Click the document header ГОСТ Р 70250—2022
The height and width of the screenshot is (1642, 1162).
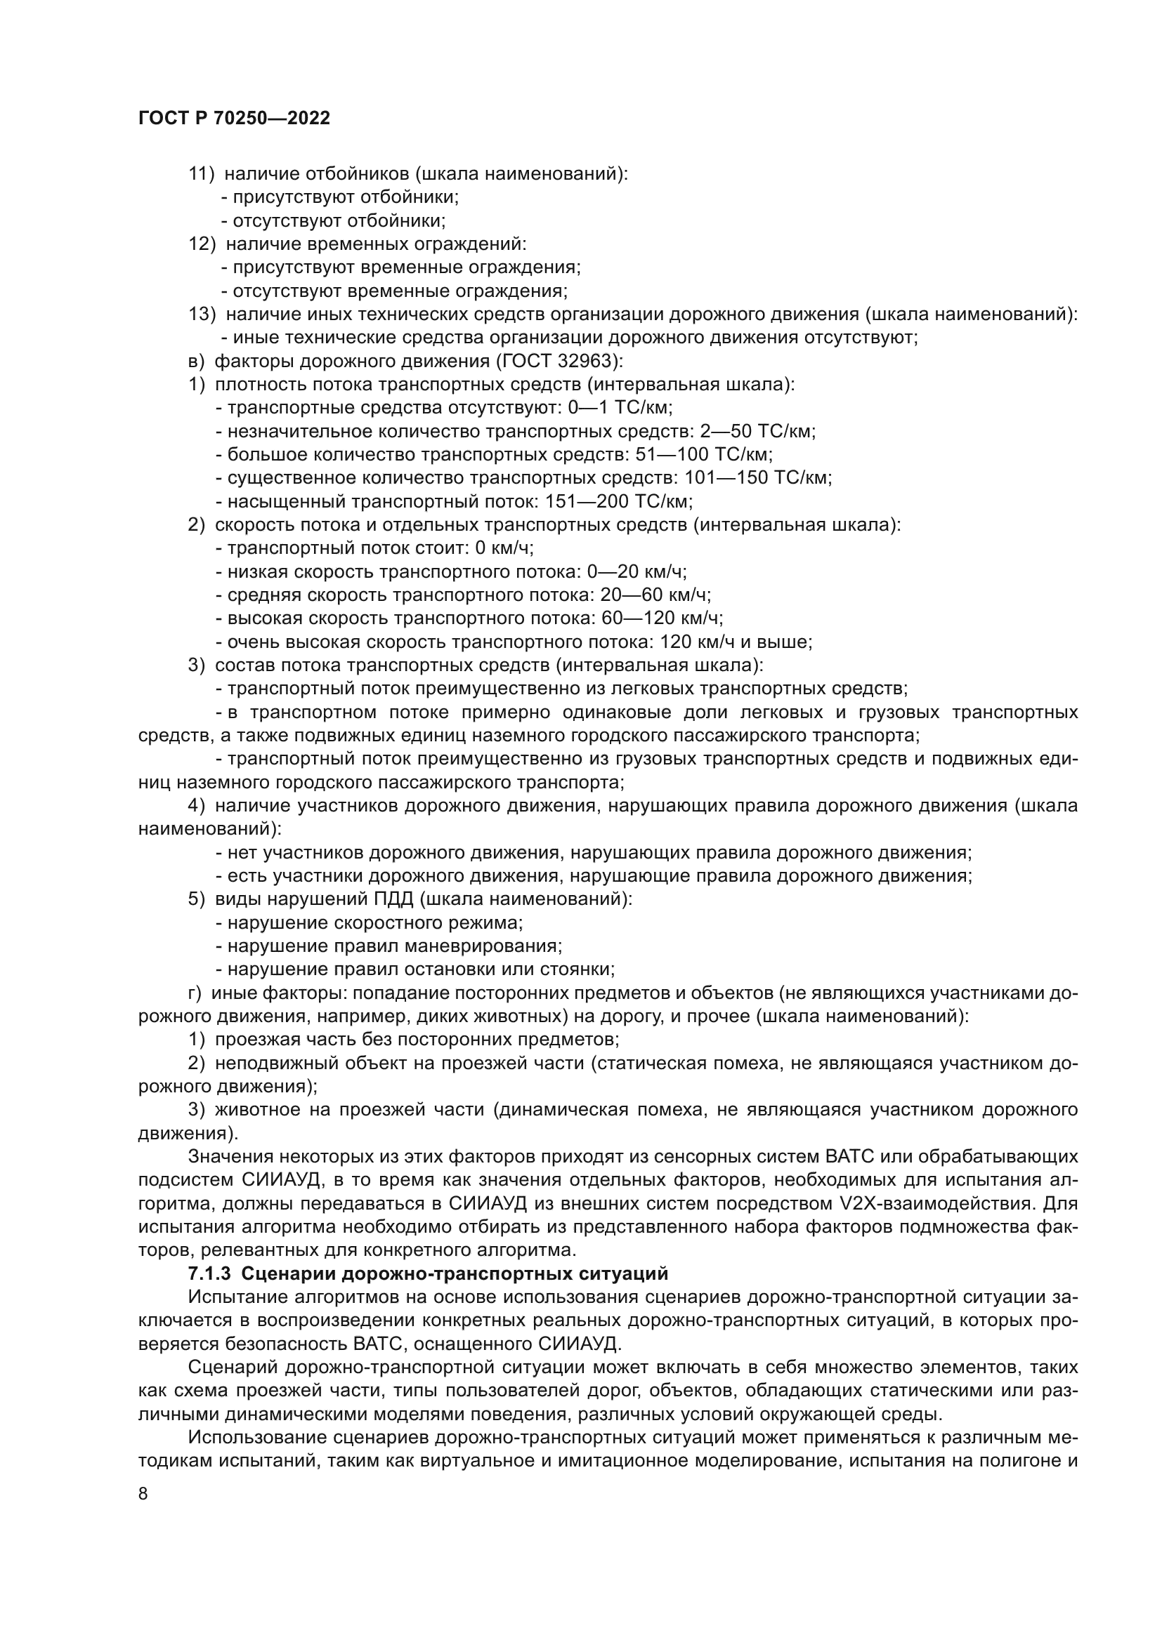pos(234,119)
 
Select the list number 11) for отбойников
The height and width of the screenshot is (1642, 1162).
pos(201,174)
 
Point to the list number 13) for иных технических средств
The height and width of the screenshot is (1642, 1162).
pos(202,314)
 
